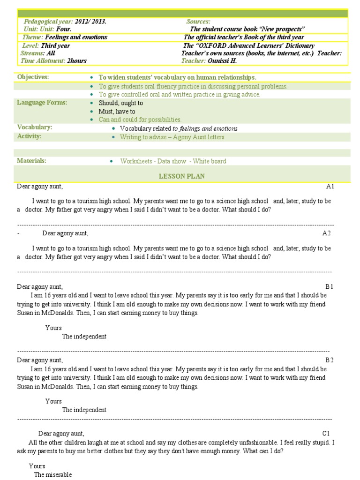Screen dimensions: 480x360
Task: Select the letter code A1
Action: (x=330, y=187)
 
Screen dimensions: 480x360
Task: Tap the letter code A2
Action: (x=326, y=233)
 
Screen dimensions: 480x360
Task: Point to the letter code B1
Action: (x=329, y=286)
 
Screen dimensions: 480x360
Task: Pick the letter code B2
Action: (x=329, y=360)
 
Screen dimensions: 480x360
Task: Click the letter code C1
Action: (x=326, y=434)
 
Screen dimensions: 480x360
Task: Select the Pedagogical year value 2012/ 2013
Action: (x=90, y=22)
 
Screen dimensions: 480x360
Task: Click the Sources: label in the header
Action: (x=198, y=22)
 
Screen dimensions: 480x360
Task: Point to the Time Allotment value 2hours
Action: (x=77, y=60)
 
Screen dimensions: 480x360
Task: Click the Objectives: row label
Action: (x=33, y=77)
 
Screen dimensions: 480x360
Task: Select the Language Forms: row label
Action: (x=42, y=103)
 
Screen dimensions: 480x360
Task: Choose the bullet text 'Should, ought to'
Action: (x=121, y=103)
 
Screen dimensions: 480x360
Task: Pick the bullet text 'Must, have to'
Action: (x=117, y=111)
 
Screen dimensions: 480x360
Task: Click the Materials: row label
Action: (x=31, y=161)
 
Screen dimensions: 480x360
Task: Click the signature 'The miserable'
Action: (x=52, y=475)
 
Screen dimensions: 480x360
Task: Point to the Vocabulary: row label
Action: (x=35, y=127)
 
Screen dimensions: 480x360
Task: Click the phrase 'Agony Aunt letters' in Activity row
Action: (x=199, y=137)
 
